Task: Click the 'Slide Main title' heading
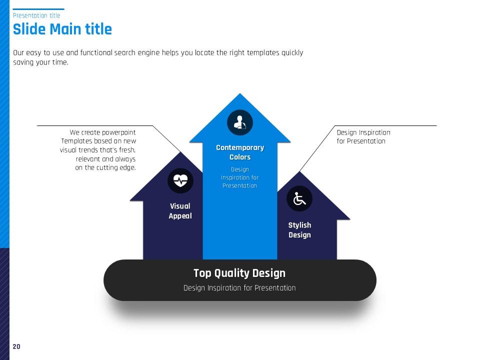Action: [x=62, y=29]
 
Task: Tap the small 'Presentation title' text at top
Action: [x=36, y=15]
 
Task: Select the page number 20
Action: [x=16, y=346]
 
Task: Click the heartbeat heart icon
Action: [x=180, y=180]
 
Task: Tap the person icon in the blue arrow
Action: [x=239, y=122]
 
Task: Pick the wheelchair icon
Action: [x=299, y=198]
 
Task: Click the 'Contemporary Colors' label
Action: [x=240, y=152]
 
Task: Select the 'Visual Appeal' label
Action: [x=180, y=211]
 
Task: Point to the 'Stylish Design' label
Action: [x=299, y=230]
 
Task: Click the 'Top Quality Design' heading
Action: [x=239, y=273]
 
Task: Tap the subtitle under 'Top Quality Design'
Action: [x=239, y=288]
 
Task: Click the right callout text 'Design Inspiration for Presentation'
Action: [x=363, y=137]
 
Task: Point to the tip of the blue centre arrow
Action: [x=239, y=93]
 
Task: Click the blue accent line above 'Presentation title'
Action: [x=38, y=9]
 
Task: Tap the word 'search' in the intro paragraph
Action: [x=124, y=52]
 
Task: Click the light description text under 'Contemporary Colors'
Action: [x=240, y=177]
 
